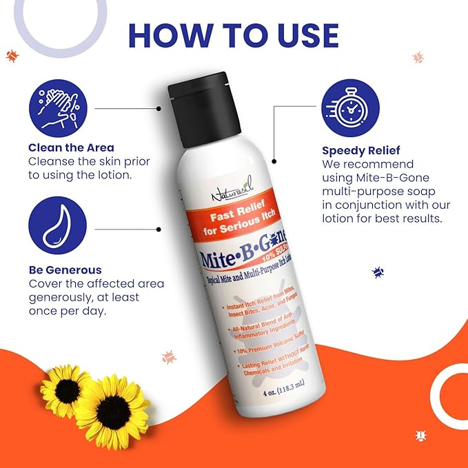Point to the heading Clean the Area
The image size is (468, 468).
point(71,147)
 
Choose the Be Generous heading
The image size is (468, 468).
point(65,270)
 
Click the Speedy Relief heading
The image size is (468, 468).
point(360,150)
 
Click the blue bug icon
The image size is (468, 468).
point(378,272)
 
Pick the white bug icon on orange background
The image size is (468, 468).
point(420,435)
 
